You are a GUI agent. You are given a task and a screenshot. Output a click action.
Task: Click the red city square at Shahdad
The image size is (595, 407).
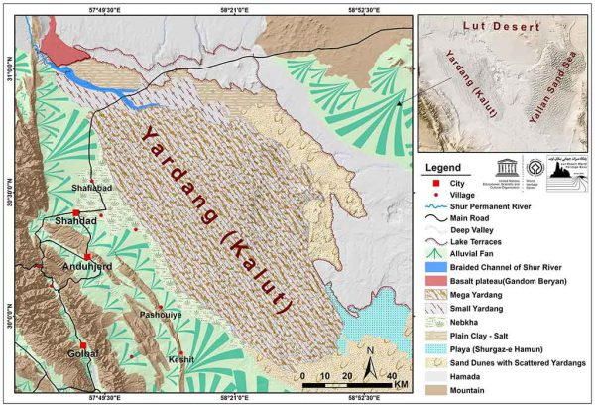76,213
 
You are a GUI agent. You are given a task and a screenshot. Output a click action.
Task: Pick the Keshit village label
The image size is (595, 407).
182,359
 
